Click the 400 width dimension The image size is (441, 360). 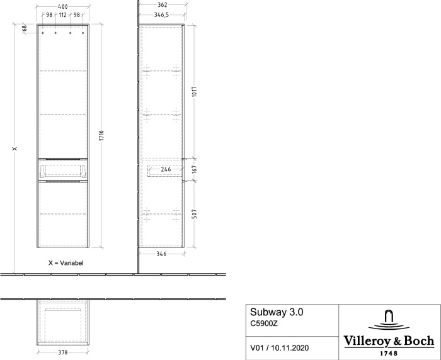pos(63,7)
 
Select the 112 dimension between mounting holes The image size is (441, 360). pos(63,15)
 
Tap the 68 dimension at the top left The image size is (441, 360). pos(25,28)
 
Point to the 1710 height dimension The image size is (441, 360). pos(101,136)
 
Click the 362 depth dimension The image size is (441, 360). pos(163,5)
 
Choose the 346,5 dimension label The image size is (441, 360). pos(161,15)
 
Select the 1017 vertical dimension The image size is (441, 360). pos(194,92)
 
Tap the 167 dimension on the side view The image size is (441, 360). pos(194,169)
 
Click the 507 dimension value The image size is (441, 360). pos(194,214)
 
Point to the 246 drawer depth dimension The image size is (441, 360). pos(166,169)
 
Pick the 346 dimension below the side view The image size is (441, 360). pos(161,254)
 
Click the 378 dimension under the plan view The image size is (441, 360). pos(63,352)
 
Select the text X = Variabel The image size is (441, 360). pos(66,263)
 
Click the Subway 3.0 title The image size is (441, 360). pos(277,312)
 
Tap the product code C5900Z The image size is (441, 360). pos(264,323)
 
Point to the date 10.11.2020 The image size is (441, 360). pos(290,348)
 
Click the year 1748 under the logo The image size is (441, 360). pos(389,353)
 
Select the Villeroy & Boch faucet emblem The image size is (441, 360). pos(389,320)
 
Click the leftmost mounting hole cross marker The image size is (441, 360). pos(43,33)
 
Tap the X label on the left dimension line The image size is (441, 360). pos(14,149)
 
